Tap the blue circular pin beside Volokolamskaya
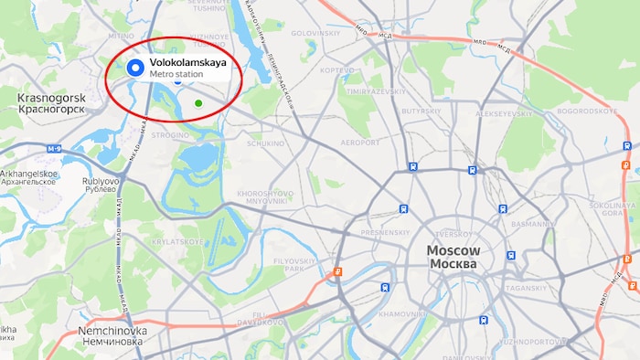[135, 67]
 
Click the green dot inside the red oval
[197, 103]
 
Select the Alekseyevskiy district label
[504, 113]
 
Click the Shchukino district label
[266, 143]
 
